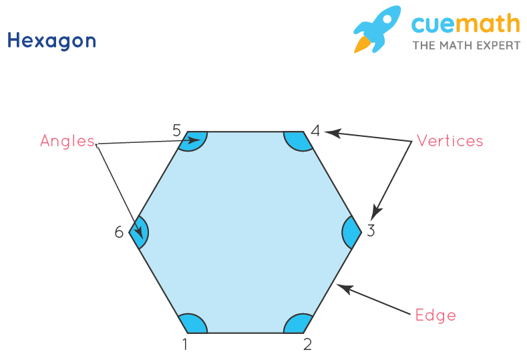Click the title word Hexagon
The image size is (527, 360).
coord(51,41)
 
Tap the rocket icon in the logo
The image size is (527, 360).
coord(377,29)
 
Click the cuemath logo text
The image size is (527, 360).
coord(465,25)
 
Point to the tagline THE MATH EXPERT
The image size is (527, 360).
coord(466,45)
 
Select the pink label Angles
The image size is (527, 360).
coord(67,141)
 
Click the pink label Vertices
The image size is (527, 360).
coord(450,141)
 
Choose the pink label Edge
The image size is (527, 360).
coord(435,315)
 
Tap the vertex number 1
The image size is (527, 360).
coord(186,345)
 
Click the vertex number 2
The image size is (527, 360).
coord(307,345)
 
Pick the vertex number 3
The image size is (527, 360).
coord(371,232)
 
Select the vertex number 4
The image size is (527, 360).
coord(315,131)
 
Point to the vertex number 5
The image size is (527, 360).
coord(177,130)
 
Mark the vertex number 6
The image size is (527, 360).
coord(119,232)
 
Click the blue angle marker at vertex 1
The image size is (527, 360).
coord(195,324)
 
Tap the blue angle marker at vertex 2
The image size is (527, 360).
coord(297,324)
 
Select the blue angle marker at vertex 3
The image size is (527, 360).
coord(351,232)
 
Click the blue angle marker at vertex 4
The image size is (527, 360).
coord(297,140)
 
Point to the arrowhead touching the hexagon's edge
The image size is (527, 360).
coord(341,287)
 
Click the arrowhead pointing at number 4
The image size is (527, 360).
coord(332,133)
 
